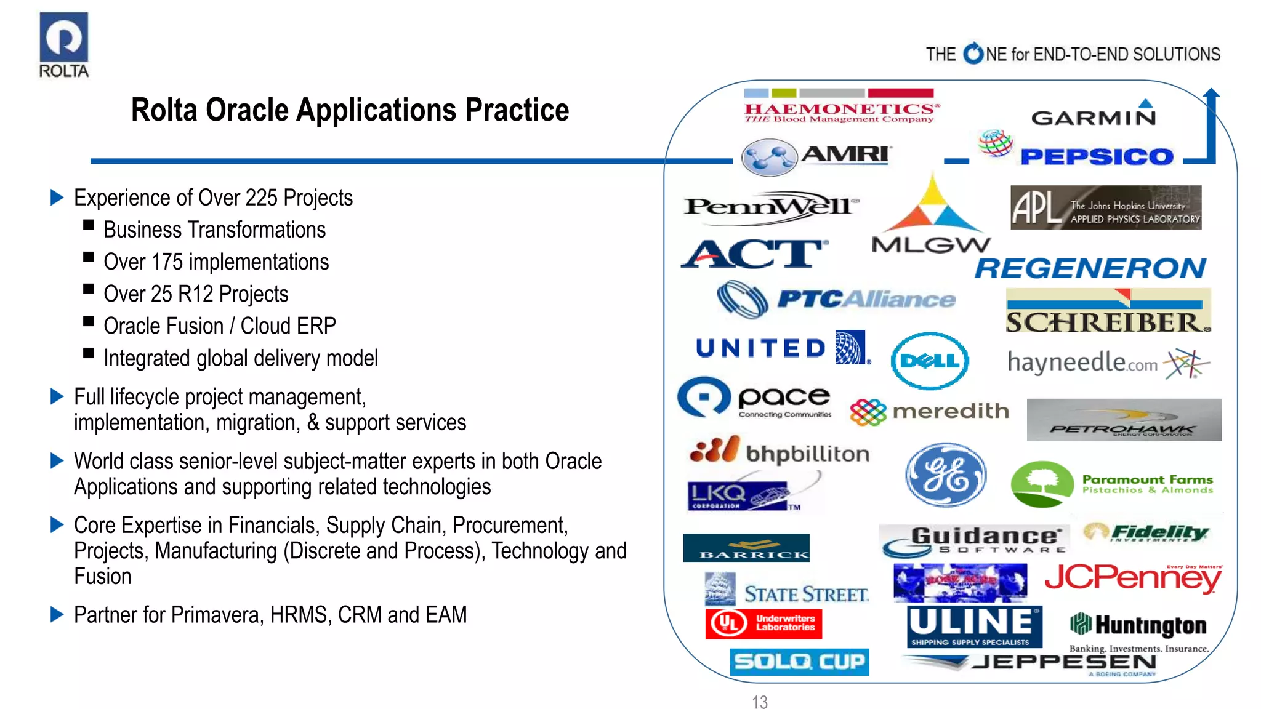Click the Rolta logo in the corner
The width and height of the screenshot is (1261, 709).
pyautogui.click(x=64, y=45)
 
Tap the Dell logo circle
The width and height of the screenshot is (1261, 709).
pyautogui.click(x=930, y=361)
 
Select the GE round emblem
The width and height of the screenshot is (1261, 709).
pyautogui.click(x=946, y=475)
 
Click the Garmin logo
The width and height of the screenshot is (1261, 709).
pyautogui.click(x=1094, y=115)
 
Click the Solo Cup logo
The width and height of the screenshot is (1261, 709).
pyautogui.click(x=799, y=662)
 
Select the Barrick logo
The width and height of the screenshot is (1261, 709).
pyautogui.click(x=746, y=548)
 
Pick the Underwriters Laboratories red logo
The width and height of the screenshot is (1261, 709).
pyautogui.click(x=763, y=623)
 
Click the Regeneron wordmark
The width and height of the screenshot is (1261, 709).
pyautogui.click(x=1090, y=268)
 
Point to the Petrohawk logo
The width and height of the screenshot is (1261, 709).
pyautogui.click(x=1124, y=420)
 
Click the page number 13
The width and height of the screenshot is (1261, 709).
pyautogui.click(x=760, y=702)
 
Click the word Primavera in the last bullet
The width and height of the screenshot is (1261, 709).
pyautogui.click(x=217, y=615)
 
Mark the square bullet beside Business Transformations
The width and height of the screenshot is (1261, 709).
pyautogui.click(x=89, y=225)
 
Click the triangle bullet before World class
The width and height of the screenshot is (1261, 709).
pyautogui.click(x=57, y=460)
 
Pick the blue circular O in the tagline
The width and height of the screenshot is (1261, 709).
pyautogui.click(x=973, y=54)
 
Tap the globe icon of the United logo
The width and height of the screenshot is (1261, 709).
pyautogui.click(x=851, y=347)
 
